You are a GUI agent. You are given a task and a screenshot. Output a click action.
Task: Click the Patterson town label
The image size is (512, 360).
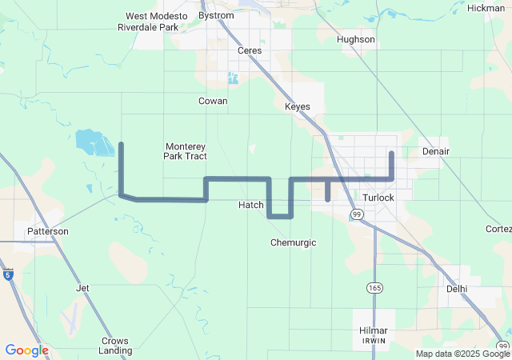48,231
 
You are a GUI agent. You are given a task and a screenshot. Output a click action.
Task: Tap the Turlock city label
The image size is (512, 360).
378,198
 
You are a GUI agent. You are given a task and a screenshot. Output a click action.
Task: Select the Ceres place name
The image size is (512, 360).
250,50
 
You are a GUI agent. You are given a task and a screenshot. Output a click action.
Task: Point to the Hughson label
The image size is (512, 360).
356,39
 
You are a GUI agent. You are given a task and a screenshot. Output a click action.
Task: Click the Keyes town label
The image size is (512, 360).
298,106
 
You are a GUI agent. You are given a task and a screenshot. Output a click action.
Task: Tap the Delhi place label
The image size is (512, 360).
457,289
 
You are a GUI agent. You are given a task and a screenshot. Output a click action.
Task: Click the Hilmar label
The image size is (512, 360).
374,330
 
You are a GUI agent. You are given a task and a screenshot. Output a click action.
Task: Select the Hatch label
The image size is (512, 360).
251,205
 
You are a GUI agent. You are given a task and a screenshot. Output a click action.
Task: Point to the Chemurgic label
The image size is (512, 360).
294,242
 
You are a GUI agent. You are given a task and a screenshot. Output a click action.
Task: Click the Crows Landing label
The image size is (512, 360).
115,346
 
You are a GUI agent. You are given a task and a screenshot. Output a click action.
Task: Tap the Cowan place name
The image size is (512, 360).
213,101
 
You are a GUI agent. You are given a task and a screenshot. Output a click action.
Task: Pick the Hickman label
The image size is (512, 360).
486,8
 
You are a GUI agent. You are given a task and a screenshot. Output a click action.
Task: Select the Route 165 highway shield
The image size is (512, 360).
374,287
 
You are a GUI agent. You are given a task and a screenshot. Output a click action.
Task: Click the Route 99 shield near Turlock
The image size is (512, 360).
357,214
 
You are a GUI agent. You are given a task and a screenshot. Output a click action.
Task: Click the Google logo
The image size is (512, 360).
26,350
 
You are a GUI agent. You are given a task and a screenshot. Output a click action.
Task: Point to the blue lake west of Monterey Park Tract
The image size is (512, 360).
94,142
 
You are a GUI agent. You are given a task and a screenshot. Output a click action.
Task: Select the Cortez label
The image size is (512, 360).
498,229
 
